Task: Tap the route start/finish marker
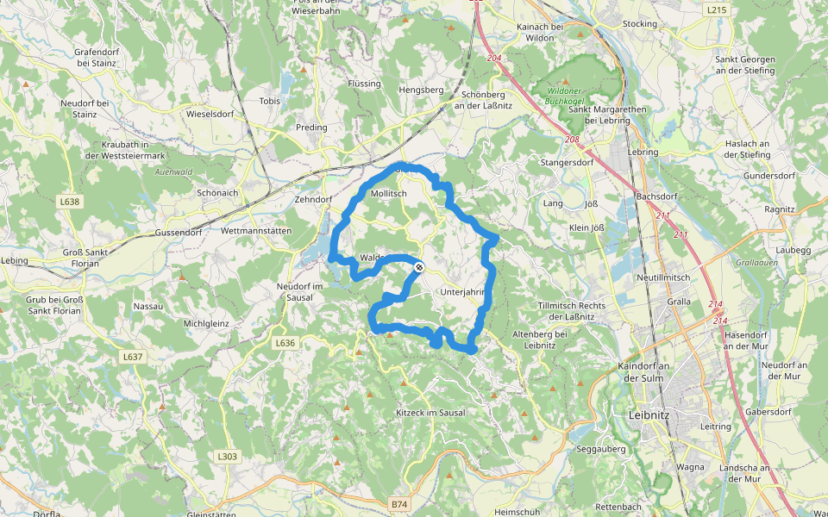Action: point(418,268)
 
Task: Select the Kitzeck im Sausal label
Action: point(430,413)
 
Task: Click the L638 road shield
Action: point(70,202)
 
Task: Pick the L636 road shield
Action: point(285,343)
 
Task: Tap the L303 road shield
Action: point(227,457)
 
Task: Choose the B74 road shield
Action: point(398,503)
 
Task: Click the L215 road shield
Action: point(715,10)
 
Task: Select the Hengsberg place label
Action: point(421,90)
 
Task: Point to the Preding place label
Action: point(311,128)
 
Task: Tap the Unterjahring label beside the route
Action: point(463,292)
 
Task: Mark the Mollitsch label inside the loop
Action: point(388,195)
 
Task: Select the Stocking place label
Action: point(639,24)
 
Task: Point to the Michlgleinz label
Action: point(205,323)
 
